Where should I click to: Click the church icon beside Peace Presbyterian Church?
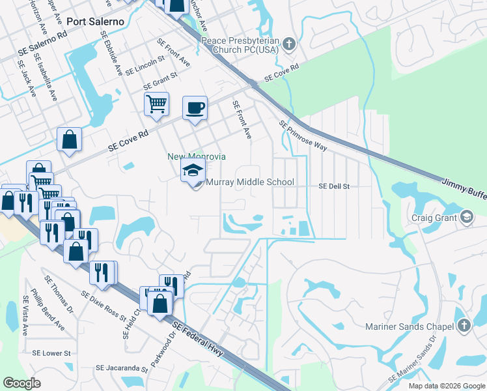[x=290, y=45]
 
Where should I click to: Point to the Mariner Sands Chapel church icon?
[x=464, y=325]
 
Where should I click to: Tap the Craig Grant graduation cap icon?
[x=467, y=218]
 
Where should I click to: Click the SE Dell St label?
[x=334, y=186]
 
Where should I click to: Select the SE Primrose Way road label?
[x=303, y=136]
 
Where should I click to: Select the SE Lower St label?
[x=51, y=353]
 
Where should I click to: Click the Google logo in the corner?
[x=22, y=383]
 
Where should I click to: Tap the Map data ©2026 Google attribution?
[x=446, y=386]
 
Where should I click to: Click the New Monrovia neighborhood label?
[x=197, y=156]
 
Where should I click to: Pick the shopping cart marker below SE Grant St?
[x=157, y=104]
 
